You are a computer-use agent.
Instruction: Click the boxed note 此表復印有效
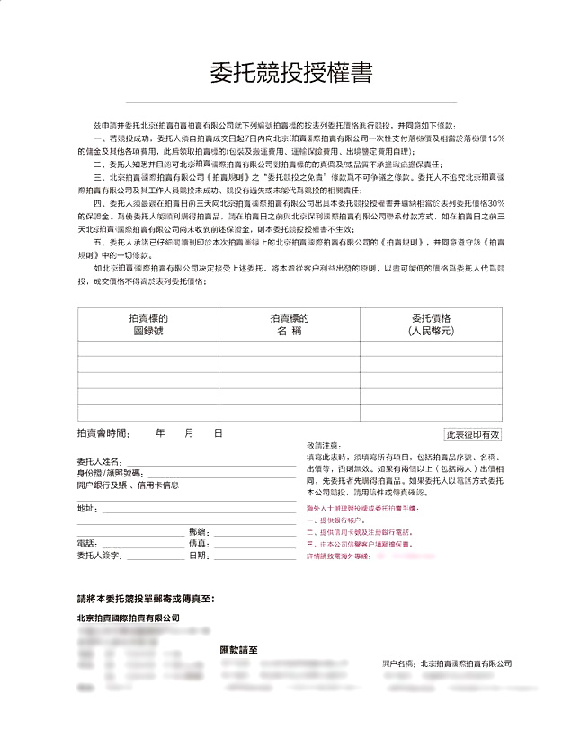(x=473, y=434)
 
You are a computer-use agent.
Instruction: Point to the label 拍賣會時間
(x=103, y=433)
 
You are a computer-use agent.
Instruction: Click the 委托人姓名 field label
(x=99, y=460)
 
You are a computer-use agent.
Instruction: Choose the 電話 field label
(x=87, y=544)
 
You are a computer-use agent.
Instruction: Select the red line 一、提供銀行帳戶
(x=337, y=520)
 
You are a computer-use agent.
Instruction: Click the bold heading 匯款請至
(x=239, y=649)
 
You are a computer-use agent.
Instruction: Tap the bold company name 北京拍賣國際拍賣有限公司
(x=129, y=618)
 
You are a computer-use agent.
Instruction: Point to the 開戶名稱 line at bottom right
(x=446, y=663)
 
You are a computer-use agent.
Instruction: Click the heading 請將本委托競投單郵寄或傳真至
(x=146, y=598)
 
